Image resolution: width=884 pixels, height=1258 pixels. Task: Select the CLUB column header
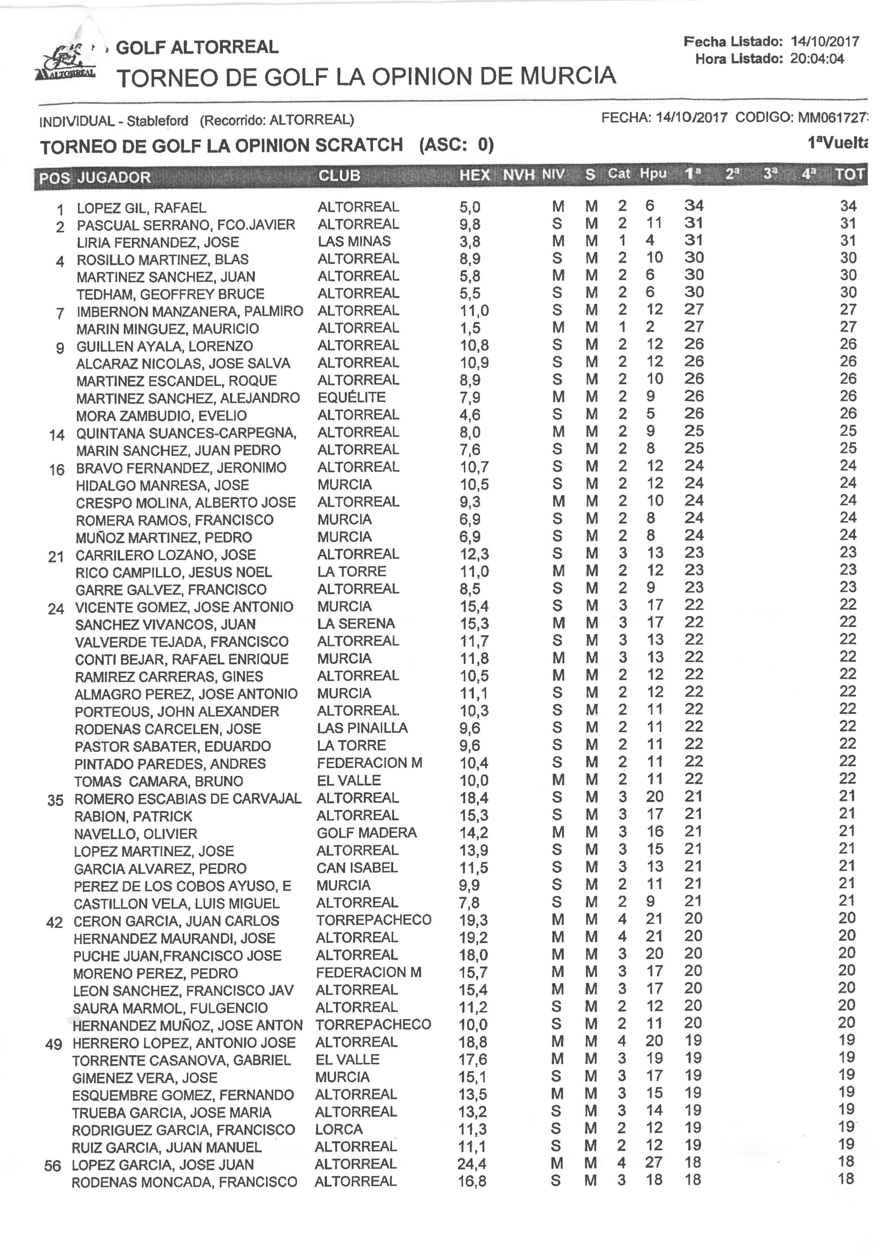click(x=339, y=175)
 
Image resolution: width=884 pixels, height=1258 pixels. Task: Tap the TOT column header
click(x=849, y=174)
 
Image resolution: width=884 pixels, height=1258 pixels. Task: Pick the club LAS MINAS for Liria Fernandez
click(x=354, y=241)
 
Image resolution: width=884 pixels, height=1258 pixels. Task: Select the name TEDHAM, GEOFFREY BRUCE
click(x=170, y=294)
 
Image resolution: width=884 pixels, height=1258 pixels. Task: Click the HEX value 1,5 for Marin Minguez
click(x=470, y=328)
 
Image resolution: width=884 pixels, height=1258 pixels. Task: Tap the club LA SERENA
click(x=356, y=623)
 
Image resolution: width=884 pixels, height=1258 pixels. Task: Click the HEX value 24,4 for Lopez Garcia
click(x=472, y=1163)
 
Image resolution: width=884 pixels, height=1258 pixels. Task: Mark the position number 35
click(x=55, y=801)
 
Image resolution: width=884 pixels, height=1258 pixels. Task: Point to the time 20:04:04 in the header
click(x=817, y=59)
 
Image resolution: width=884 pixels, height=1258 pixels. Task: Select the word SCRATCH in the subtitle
click(x=358, y=145)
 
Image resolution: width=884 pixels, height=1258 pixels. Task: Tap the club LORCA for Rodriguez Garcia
click(x=339, y=1129)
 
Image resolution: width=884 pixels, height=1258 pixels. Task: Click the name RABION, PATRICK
click(x=133, y=816)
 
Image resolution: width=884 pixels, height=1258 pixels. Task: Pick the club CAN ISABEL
click(x=357, y=868)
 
